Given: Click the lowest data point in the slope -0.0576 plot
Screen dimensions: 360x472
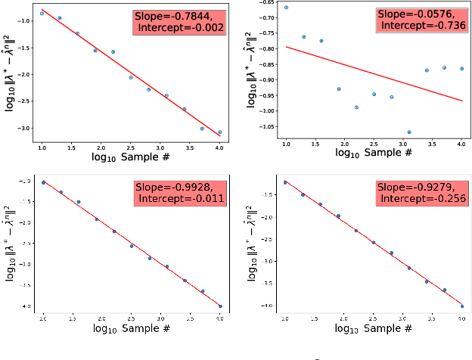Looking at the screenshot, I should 409,132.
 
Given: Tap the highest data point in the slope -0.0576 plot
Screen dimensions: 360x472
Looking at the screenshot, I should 286,8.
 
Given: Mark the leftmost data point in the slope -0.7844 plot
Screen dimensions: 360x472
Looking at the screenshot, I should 42,14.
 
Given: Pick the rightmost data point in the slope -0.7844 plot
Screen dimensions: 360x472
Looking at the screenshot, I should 219,132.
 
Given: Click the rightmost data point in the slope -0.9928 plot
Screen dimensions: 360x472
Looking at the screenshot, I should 220,306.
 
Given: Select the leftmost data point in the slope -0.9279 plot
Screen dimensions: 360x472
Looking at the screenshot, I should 285,182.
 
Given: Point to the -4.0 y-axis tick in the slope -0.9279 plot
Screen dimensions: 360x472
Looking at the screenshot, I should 269,306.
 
